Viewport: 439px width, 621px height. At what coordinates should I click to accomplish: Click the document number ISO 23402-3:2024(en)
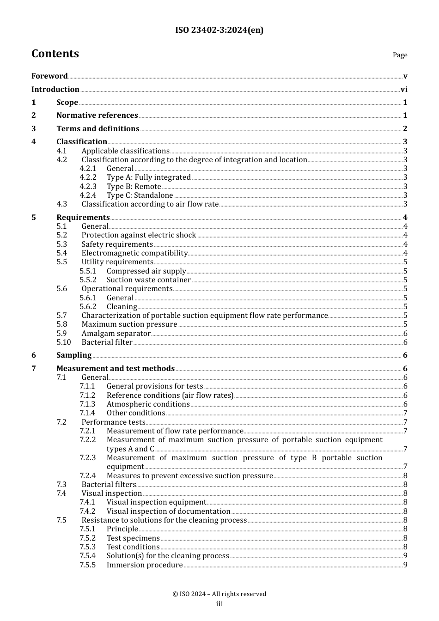pos(219,30)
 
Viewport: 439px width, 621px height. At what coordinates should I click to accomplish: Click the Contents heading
pos(55,54)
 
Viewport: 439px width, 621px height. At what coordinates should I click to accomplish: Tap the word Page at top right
pos(400,55)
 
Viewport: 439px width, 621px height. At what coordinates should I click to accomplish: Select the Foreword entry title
pos(49,76)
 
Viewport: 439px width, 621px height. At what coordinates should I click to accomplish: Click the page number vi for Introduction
pos(404,89)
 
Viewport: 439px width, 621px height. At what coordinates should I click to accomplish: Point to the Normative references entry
pos(97,115)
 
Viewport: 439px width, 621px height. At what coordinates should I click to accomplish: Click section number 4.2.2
pos(88,177)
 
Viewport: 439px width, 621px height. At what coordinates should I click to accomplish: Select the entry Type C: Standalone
pos(140,195)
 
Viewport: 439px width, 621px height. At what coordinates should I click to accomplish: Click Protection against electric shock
pos(139,235)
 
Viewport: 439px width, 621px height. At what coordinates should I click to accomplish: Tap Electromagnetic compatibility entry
pos(134,253)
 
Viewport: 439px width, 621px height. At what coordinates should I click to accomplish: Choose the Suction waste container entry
pos(148,280)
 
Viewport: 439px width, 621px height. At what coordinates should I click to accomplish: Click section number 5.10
pos(64,342)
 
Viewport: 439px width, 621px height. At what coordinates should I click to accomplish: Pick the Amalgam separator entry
pos(116,334)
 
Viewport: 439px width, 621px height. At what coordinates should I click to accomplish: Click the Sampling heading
pos(74,355)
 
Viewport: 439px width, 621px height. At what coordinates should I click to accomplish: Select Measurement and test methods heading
pos(116,368)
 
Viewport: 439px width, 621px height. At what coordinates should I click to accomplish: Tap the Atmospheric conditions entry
pos(148,404)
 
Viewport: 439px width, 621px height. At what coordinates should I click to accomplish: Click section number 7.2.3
pos(88,457)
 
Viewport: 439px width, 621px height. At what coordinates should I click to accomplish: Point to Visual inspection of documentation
pos(168,511)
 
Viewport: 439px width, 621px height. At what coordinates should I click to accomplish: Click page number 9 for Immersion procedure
pos(405,565)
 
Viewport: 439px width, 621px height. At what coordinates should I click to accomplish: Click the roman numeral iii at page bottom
pos(219,604)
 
